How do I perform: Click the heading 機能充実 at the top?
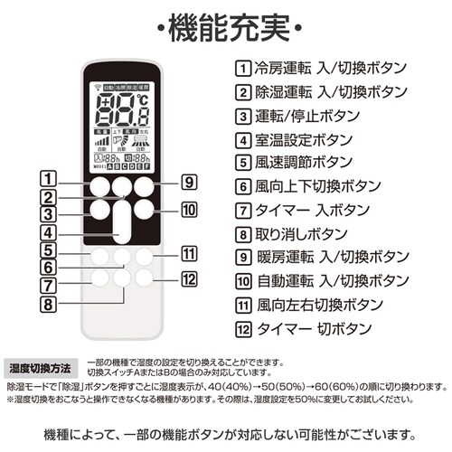225,23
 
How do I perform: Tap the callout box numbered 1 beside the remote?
51,180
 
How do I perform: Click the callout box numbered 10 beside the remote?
188,211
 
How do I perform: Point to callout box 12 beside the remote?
188,278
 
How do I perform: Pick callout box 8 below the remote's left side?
51,304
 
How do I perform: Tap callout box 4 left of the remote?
51,231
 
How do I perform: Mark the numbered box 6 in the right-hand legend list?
242,186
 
